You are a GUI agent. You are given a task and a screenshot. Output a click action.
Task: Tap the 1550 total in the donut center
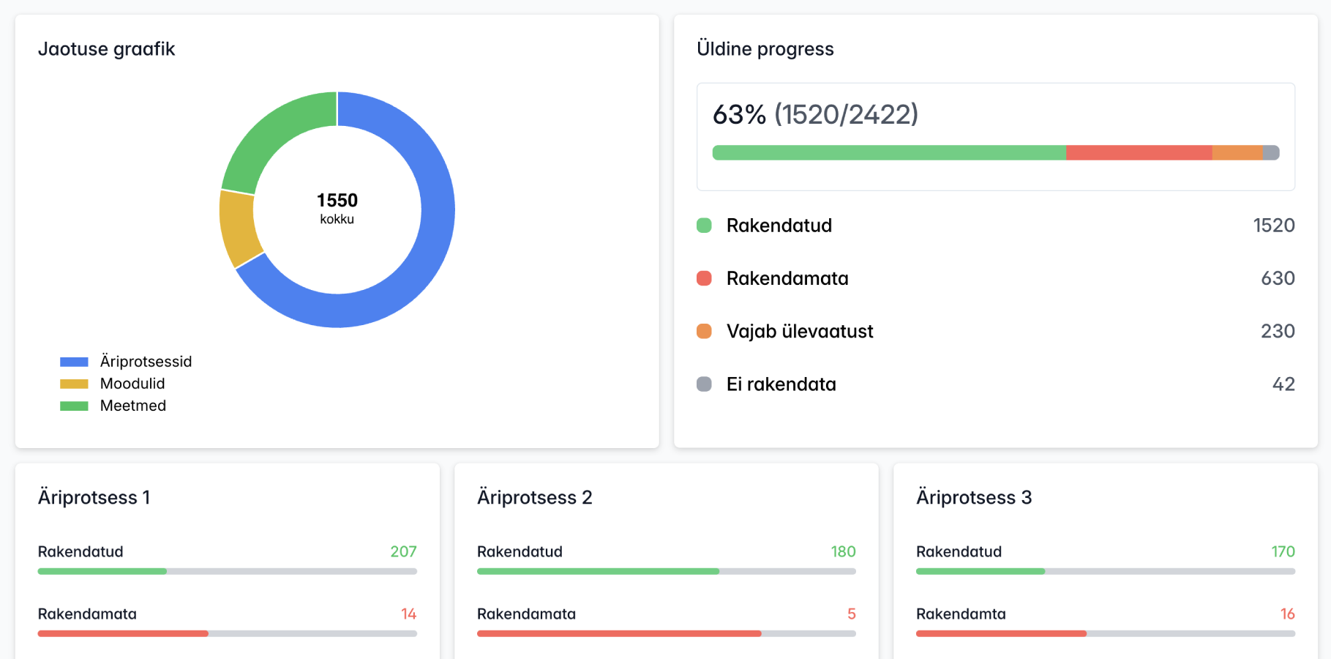coord(337,201)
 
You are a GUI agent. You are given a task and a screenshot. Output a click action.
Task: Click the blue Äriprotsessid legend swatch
coord(74,362)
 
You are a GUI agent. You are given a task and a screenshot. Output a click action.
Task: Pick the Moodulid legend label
coord(132,384)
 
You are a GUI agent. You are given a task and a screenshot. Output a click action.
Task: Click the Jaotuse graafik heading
coord(106,49)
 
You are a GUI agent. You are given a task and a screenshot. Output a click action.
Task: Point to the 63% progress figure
coord(739,114)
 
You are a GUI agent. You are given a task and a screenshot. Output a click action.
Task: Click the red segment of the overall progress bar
coord(1139,152)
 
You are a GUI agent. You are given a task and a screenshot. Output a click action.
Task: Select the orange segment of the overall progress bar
coord(1237,152)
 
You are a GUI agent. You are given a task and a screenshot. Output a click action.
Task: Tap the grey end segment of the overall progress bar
coord(1271,152)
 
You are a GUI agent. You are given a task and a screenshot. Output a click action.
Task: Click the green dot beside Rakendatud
coord(704,226)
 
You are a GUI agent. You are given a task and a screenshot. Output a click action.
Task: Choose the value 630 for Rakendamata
coord(1278,278)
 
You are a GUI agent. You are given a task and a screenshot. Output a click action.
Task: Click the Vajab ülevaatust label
coord(800,331)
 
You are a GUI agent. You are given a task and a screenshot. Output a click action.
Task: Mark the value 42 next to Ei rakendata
coord(1283,384)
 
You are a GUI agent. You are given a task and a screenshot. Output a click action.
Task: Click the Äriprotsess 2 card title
coord(534,498)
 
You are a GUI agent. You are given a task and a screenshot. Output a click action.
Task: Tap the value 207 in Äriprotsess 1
coord(403,551)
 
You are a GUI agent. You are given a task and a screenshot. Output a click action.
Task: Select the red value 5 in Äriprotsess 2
coord(851,614)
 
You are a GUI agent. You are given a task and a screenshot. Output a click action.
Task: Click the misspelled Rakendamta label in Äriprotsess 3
coord(961,614)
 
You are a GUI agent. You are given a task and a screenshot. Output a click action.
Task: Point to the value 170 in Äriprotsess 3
coord(1283,551)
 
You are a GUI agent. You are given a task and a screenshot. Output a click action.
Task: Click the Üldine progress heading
coord(765,49)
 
